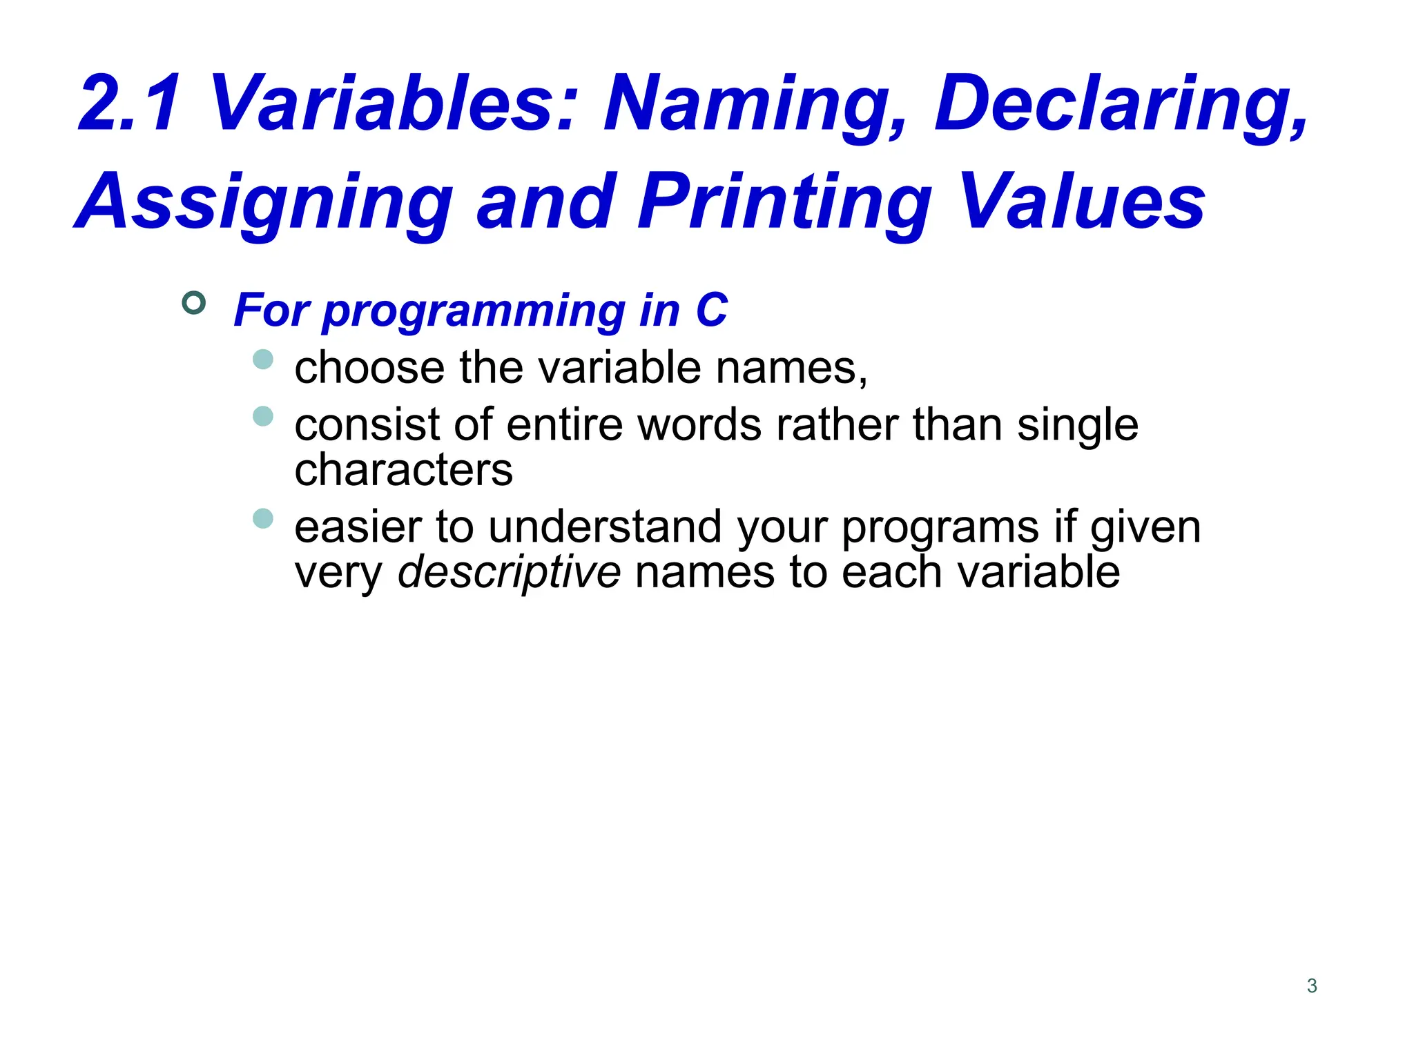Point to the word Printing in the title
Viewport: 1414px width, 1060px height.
(x=784, y=203)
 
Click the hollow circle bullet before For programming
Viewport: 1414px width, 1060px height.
(x=194, y=303)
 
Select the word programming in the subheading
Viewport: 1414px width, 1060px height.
(x=474, y=311)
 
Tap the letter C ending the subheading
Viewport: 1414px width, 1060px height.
(x=711, y=311)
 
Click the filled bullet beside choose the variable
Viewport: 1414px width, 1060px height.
(x=263, y=360)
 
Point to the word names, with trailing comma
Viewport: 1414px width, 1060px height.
(x=791, y=369)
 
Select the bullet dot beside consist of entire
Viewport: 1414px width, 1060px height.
(x=263, y=416)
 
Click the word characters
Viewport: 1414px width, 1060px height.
(x=403, y=471)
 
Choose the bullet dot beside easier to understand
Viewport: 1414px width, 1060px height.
(x=263, y=518)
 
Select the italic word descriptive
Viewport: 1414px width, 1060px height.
(x=509, y=573)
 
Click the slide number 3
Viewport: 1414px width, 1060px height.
(x=1312, y=986)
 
